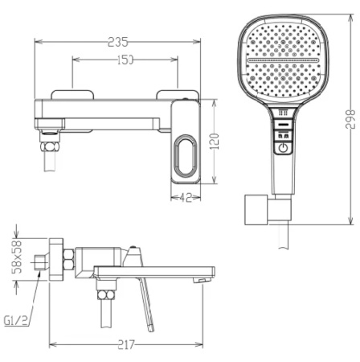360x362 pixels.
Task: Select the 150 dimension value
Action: pos(125,61)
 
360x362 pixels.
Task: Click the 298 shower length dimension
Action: pos(348,118)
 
